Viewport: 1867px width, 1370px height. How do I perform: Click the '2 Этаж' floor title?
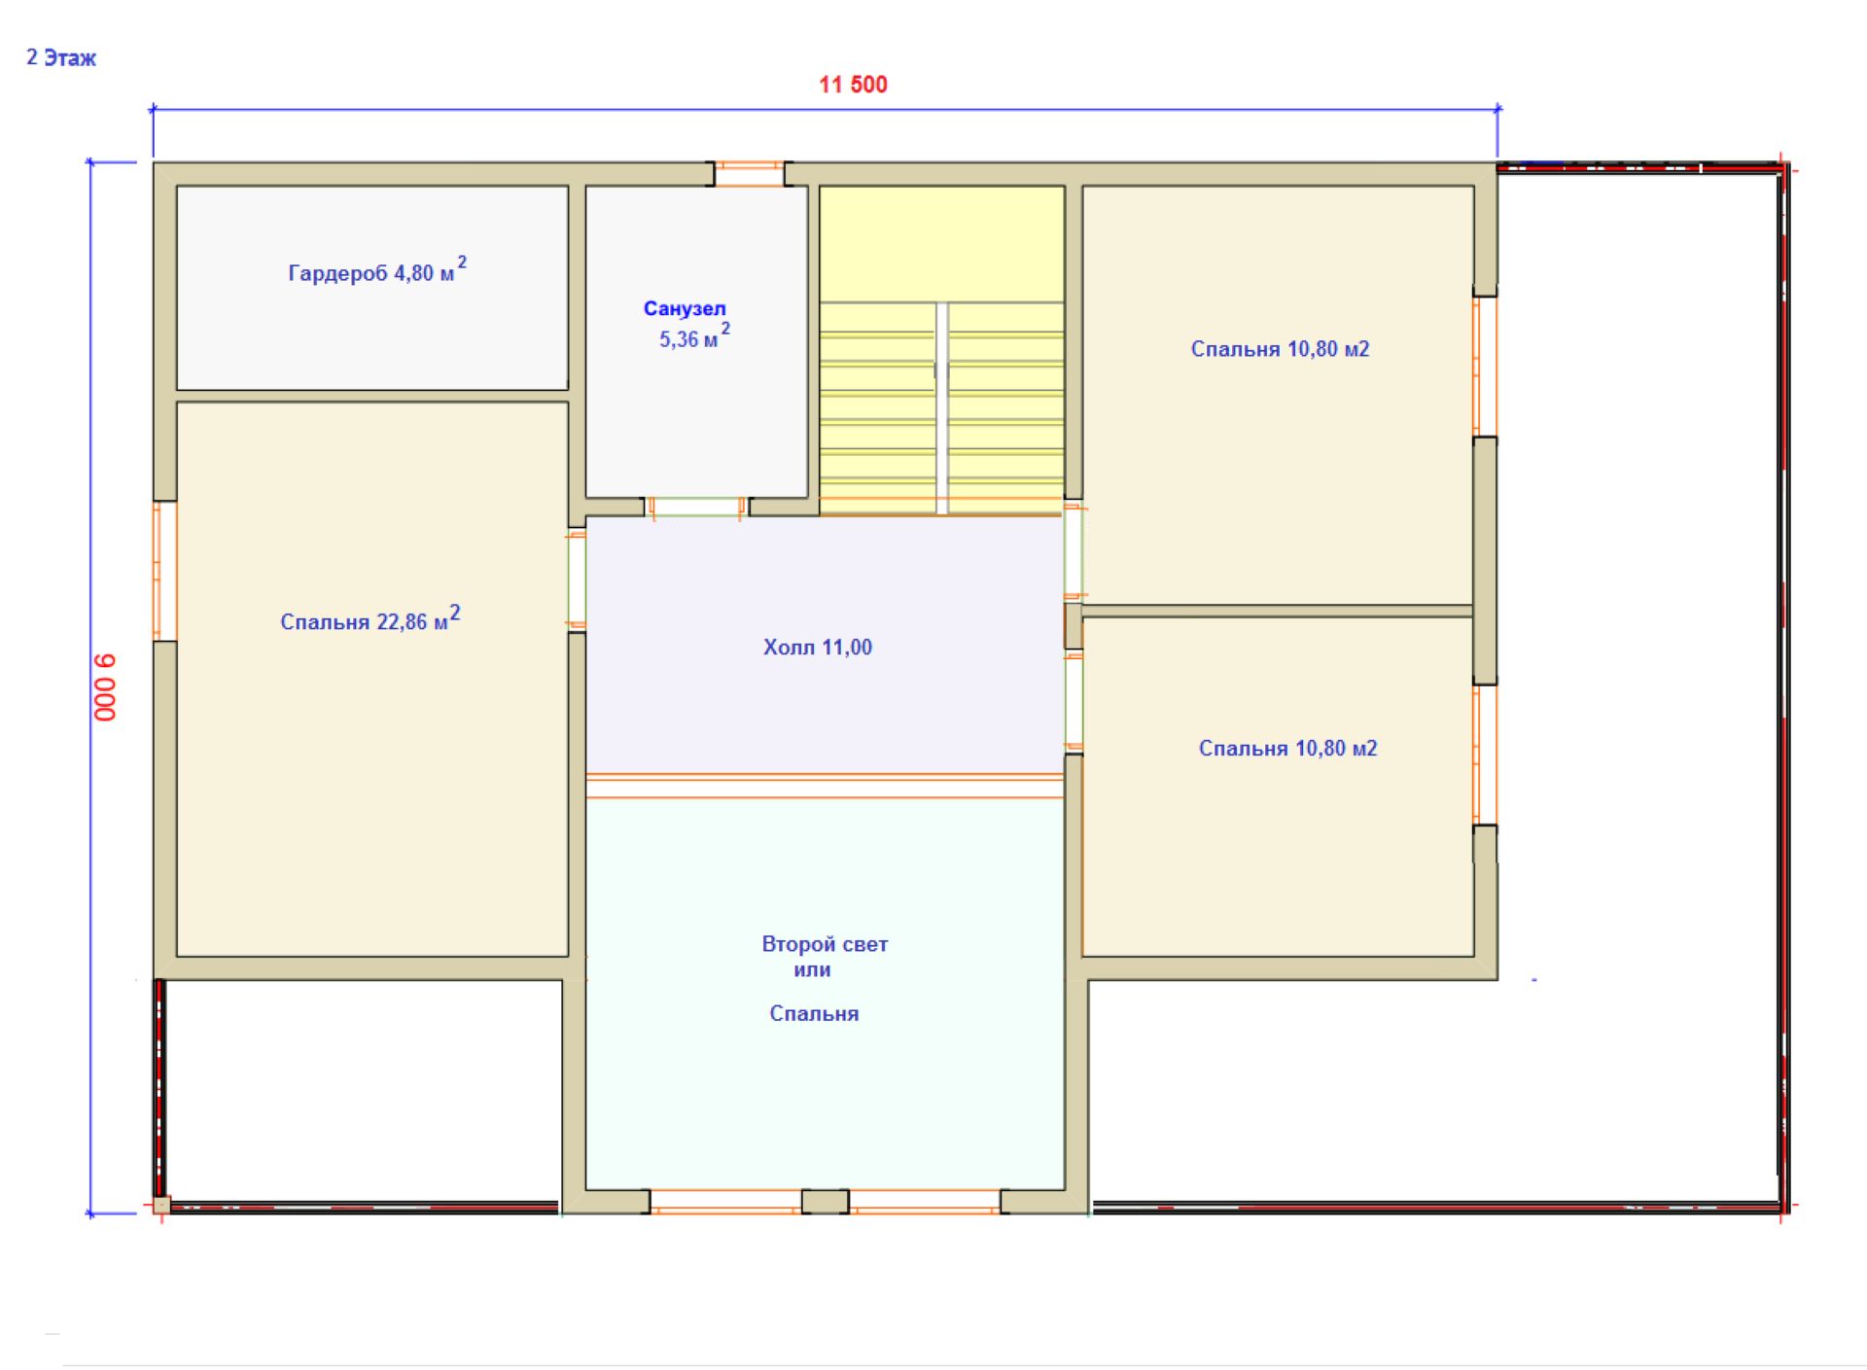pyautogui.click(x=61, y=58)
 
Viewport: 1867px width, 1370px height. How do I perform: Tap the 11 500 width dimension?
pyautogui.click(x=853, y=85)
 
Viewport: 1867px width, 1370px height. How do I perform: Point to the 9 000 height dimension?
pyautogui.click(x=105, y=687)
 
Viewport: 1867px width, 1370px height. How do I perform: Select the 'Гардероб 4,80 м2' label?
pyautogui.click(x=377, y=270)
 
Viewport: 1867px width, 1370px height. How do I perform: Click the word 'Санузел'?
pyautogui.click(x=685, y=308)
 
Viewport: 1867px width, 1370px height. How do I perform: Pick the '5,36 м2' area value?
pyautogui.click(x=694, y=336)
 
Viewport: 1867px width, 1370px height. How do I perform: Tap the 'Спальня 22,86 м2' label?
pyautogui.click(x=370, y=619)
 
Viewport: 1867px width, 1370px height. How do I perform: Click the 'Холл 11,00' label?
pyautogui.click(x=818, y=648)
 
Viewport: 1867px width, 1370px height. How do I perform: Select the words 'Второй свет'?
pyautogui.click(x=825, y=944)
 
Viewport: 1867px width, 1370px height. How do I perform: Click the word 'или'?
pyautogui.click(x=812, y=969)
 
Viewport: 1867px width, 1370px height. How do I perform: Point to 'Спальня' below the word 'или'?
pyautogui.click(x=814, y=1013)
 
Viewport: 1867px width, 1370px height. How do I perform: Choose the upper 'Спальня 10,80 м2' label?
pyautogui.click(x=1280, y=349)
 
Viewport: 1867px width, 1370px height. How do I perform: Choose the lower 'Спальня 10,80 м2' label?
pyautogui.click(x=1287, y=748)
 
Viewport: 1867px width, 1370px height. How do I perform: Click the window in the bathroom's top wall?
pyautogui.click(x=750, y=174)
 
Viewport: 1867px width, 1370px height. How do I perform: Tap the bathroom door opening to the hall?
pyautogui.click(x=696, y=507)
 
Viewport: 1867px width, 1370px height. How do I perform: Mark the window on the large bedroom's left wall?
pyautogui.click(x=165, y=571)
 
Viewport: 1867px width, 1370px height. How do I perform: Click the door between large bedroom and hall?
pyautogui.click(x=577, y=580)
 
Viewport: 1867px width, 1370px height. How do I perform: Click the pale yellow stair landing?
pyautogui.click(x=941, y=244)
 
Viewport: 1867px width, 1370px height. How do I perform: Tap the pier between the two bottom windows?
pyautogui.click(x=826, y=1201)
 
